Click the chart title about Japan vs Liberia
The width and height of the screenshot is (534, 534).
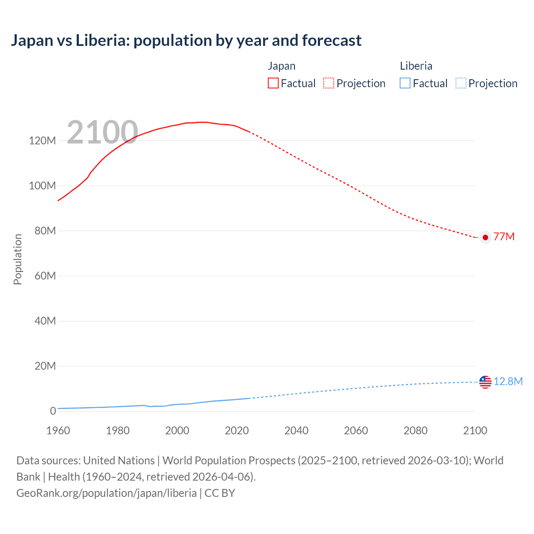[x=186, y=40]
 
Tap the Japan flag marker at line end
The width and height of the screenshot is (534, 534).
[x=485, y=237]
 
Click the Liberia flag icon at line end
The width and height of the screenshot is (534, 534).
[x=485, y=382]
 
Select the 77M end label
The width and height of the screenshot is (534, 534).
[x=504, y=237]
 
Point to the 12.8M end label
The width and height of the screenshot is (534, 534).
[x=508, y=382]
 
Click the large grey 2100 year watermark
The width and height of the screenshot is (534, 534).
[x=102, y=132]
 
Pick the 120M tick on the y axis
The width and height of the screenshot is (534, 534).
[x=42, y=141]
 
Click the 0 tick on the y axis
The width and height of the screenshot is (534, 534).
[x=53, y=411]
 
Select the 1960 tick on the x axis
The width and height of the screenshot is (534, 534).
[x=58, y=431]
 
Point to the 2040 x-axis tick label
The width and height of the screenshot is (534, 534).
[x=296, y=431]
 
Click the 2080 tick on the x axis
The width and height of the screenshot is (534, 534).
[x=416, y=431]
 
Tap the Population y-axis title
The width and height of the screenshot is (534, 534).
[x=18, y=259]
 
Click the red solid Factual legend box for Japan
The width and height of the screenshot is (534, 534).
[x=273, y=83]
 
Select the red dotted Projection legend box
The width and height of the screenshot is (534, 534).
[x=329, y=83]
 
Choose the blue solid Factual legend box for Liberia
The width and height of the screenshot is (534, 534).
[x=405, y=83]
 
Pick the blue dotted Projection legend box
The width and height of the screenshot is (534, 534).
[x=461, y=83]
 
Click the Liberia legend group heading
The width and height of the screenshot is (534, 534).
[x=416, y=66]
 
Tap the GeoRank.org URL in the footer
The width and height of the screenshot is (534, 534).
[x=106, y=493]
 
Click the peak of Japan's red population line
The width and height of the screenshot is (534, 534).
[x=202, y=122]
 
